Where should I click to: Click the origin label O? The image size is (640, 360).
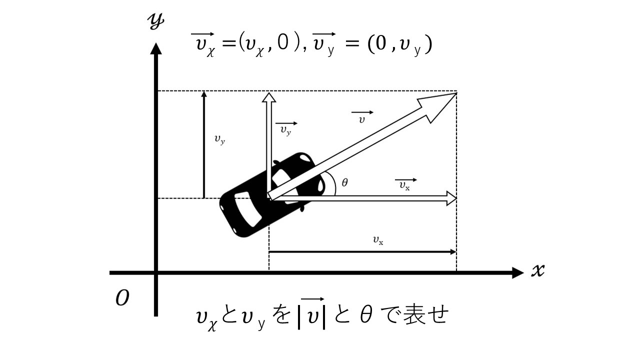pos(122,298)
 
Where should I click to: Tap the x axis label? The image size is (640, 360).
pos(537,271)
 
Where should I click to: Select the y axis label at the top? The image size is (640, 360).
pos(156,22)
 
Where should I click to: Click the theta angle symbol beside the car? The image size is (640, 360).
pos(344,182)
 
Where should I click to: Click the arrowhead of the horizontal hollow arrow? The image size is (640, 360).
pos(451,198)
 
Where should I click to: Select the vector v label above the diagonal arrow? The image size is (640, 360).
pos(362,118)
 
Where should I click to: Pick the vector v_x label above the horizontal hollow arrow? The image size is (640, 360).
pos(405,183)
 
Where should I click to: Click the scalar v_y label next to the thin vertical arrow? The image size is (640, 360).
pos(219,140)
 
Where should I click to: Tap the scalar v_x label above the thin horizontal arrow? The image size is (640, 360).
pos(378,240)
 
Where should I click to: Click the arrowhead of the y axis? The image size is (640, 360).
pos(156,49)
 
